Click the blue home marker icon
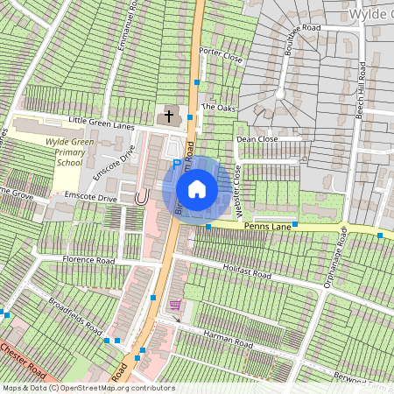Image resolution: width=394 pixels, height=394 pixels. coord(197,189)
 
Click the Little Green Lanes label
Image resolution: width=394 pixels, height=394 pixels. coord(102,126)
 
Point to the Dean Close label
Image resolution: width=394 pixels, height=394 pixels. coord(257,138)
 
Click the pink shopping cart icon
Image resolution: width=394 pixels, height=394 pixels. coord(175,305)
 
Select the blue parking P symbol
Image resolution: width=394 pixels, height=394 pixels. coord(176,162)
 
